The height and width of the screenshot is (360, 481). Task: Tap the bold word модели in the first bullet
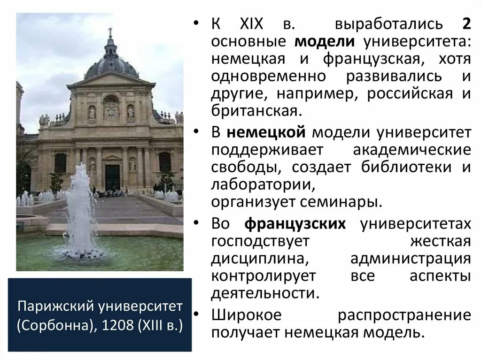point(325,41)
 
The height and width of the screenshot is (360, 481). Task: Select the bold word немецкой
point(266,132)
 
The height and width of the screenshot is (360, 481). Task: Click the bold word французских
point(295,224)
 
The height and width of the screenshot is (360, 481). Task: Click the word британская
point(254,111)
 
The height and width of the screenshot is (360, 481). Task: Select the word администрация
point(411,259)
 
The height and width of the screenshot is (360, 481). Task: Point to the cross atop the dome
point(111,33)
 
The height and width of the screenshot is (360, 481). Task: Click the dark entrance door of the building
point(112,176)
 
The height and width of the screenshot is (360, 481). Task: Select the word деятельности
point(265,293)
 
